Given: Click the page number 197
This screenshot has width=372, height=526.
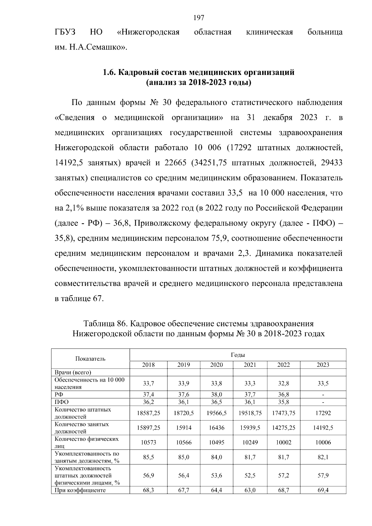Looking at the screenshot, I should (198, 18).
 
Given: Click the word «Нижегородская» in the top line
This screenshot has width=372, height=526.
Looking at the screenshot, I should (148, 32).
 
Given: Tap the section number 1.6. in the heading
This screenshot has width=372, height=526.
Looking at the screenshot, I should (110, 72).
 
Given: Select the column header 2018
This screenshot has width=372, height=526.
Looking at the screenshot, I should (148, 365).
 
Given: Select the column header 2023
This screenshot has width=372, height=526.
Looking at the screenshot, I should (323, 365).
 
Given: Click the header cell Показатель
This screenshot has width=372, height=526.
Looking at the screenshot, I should (90, 359).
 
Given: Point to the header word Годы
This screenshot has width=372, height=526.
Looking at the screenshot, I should (237, 355).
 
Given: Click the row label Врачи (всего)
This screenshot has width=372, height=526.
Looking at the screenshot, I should (73, 372).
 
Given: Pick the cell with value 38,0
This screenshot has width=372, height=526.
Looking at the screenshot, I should (216, 394).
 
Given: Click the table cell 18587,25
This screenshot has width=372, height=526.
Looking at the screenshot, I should (148, 413).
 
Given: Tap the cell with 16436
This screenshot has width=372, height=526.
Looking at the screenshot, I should (216, 428).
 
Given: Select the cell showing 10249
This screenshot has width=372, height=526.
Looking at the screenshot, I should (250, 442).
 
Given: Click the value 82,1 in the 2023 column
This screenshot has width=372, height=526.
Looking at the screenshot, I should (323, 457).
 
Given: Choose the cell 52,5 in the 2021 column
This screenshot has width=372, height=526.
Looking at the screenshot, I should (250, 475).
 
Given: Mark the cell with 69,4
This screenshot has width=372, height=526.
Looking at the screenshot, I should (323, 490).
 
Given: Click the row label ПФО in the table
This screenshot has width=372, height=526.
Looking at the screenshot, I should (61, 402).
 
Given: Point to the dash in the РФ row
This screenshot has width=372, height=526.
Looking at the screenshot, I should (323, 395).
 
